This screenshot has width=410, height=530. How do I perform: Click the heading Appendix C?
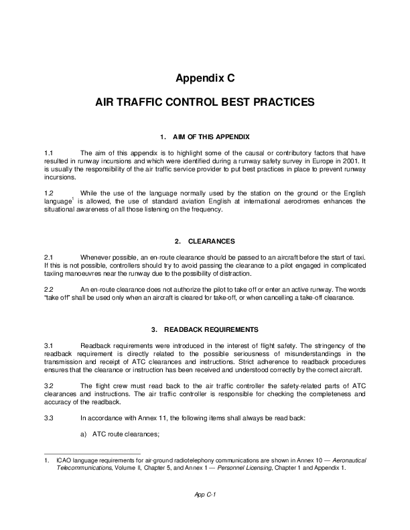coord(205,78)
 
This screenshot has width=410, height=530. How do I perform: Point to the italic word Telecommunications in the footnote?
coord(80,468)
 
